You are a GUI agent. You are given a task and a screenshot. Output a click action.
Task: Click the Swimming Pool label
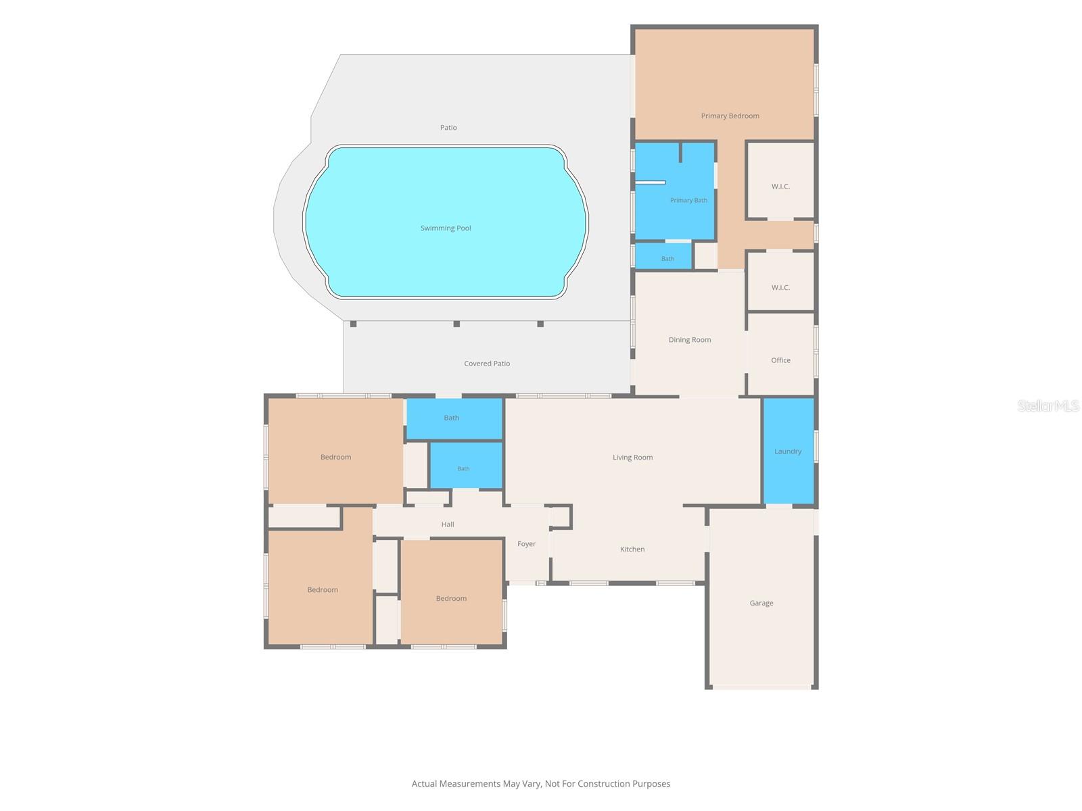(446, 228)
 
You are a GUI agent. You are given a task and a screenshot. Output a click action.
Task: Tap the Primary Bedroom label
(730, 116)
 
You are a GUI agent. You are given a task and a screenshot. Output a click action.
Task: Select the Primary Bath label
(688, 200)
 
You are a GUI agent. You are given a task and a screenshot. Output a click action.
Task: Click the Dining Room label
(690, 339)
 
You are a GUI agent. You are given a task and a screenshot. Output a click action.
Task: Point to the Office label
(781, 360)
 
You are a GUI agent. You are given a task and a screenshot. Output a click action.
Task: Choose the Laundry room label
(788, 451)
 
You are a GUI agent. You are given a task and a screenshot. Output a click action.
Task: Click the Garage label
(761, 603)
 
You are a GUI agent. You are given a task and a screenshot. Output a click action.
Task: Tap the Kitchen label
(632, 549)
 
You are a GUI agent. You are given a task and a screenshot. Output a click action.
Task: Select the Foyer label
(526, 543)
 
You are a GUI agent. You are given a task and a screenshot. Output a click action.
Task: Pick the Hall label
(448, 524)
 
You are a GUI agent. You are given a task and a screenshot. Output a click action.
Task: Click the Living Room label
(633, 457)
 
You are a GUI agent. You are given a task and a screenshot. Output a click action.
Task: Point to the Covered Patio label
(487, 364)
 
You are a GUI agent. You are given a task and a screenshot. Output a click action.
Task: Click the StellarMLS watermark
(1048, 405)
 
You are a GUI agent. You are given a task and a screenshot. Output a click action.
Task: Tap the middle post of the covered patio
(456, 324)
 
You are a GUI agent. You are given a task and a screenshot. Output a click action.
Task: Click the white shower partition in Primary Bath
(650, 182)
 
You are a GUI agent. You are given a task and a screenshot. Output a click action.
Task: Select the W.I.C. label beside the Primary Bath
(781, 186)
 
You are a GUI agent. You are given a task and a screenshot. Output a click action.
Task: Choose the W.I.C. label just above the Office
(781, 287)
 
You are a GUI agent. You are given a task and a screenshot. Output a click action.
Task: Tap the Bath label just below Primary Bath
(667, 259)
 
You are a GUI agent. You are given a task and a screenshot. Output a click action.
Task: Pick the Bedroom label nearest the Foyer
(451, 598)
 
